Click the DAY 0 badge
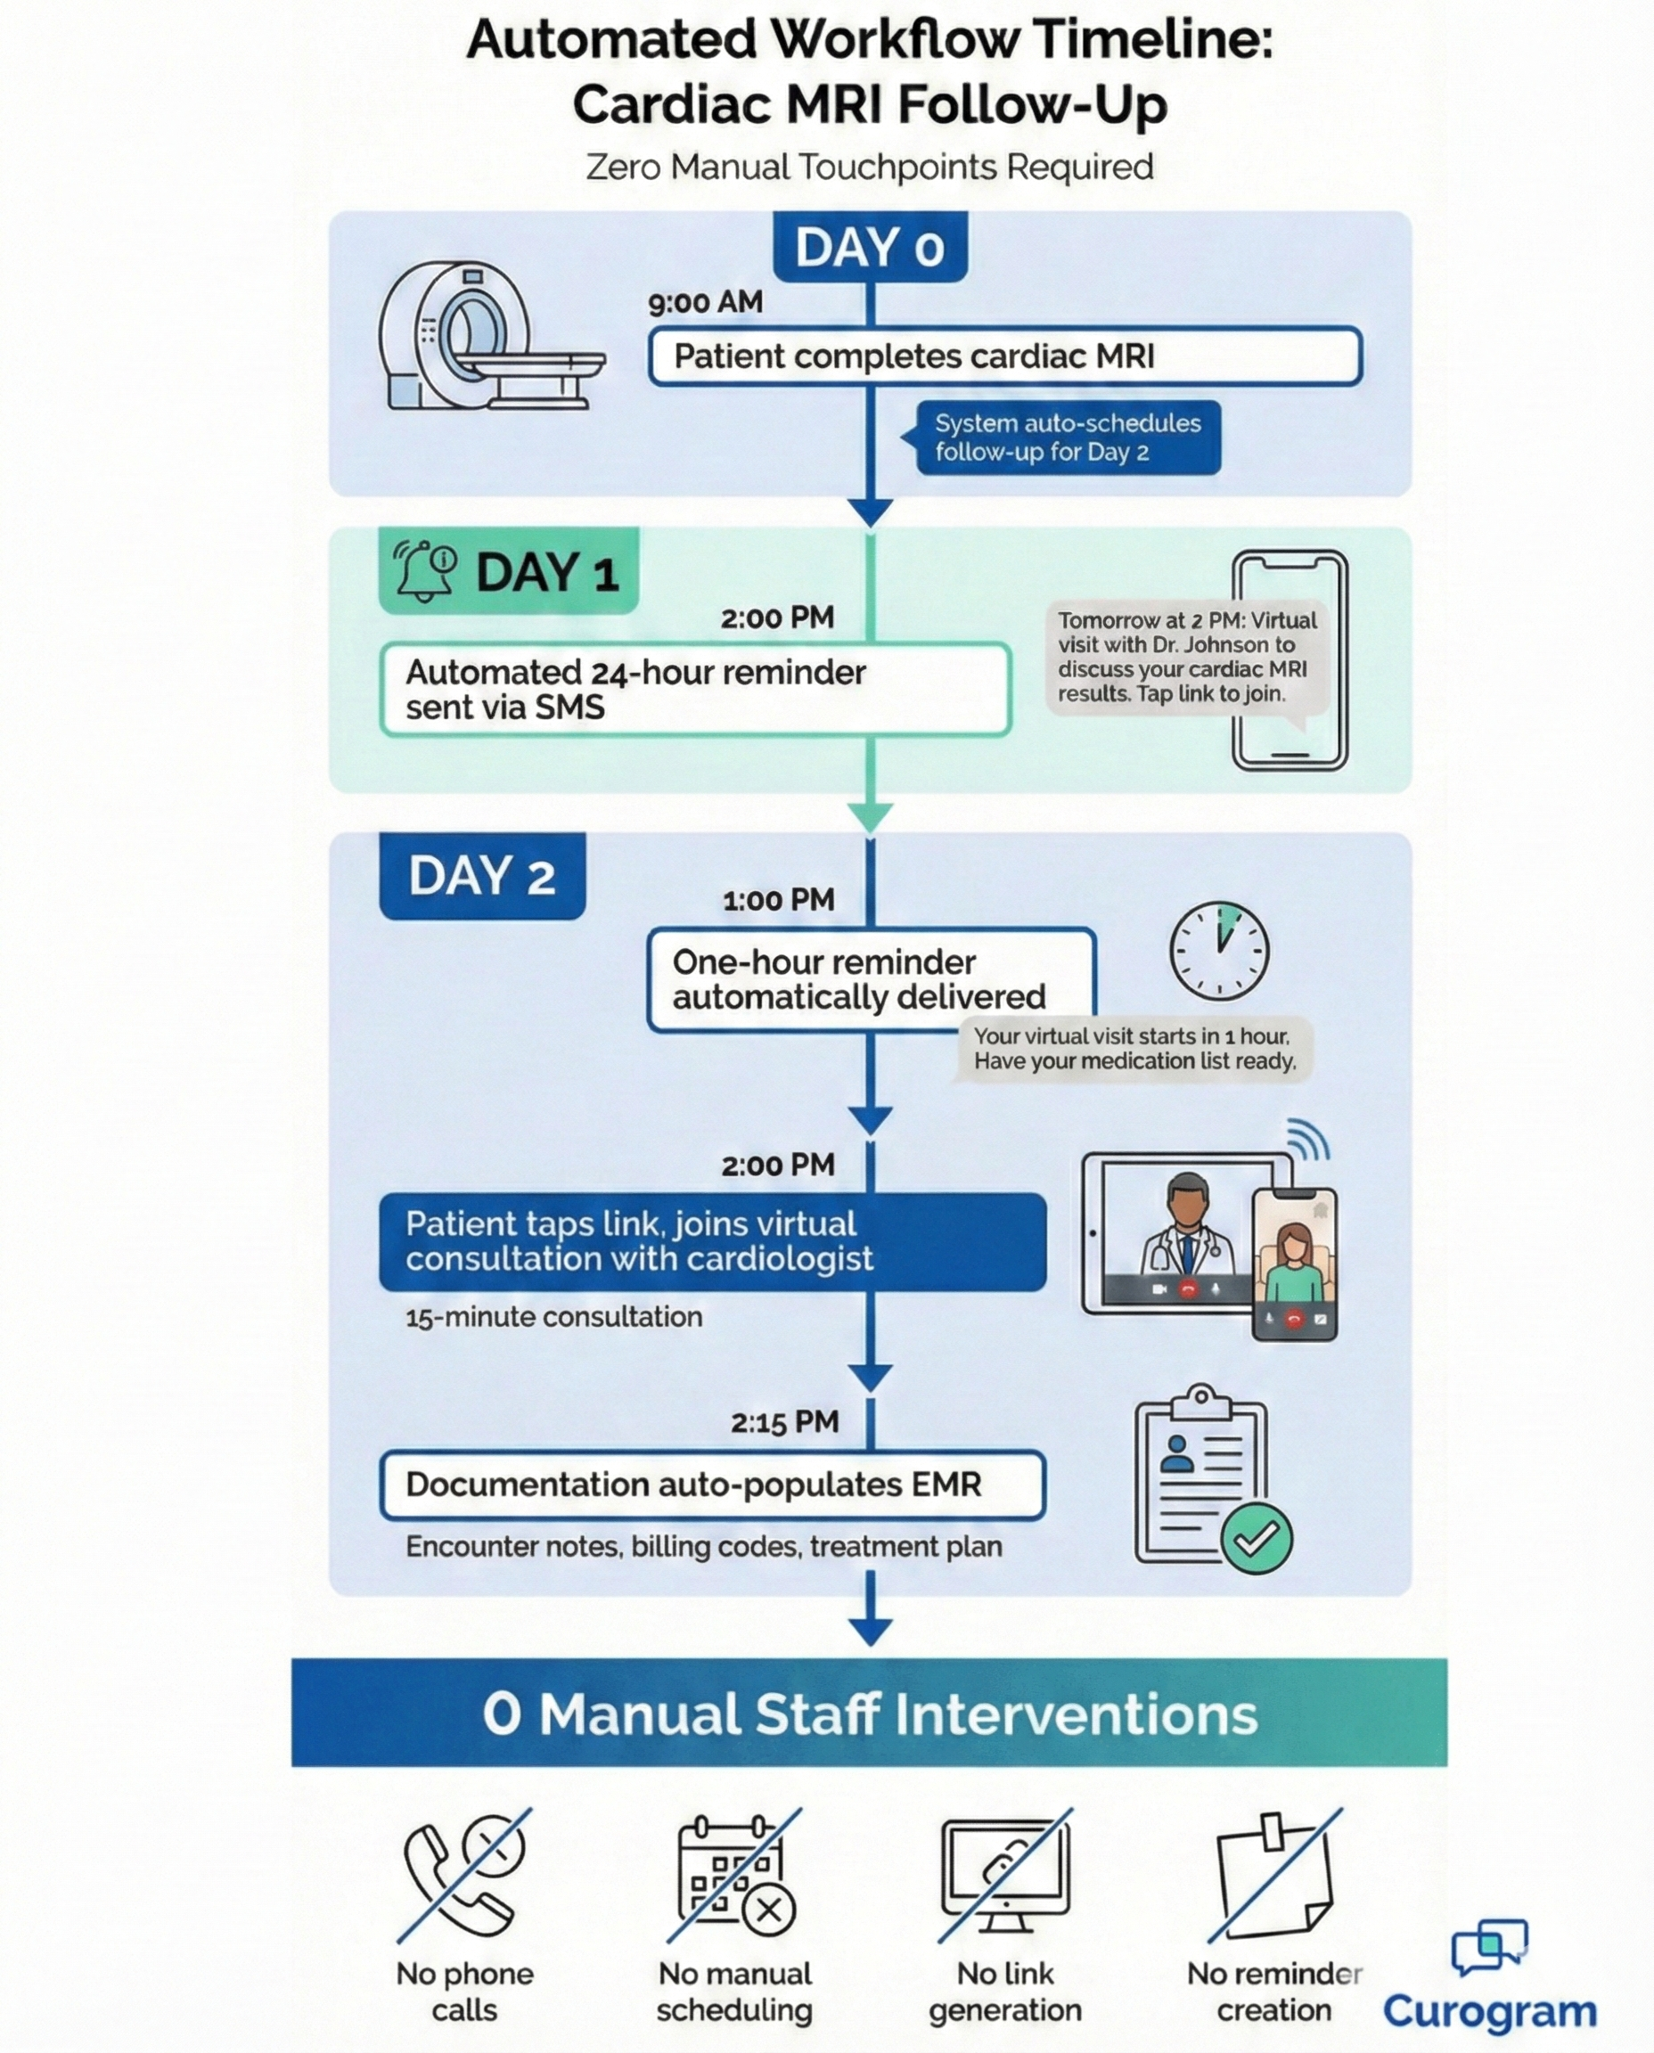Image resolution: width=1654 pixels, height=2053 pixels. click(869, 248)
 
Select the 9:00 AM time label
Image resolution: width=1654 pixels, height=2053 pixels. click(705, 303)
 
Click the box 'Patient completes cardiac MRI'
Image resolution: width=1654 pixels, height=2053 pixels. click(1004, 356)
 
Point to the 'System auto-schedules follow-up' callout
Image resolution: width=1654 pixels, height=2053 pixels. click(1066, 438)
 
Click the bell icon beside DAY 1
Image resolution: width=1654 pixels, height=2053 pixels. click(424, 570)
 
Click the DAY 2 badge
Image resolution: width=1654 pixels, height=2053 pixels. click(482, 876)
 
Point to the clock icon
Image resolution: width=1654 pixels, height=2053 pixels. click(1218, 951)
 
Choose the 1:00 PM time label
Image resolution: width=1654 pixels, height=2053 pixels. click(777, 900)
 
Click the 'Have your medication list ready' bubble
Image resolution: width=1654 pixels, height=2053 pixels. click(1134, 1049)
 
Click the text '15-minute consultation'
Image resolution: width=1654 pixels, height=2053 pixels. click(553, 1317)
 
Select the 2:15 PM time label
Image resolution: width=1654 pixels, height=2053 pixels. click(784, 1422)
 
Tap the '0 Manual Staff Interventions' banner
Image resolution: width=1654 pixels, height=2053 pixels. click(869, 1713)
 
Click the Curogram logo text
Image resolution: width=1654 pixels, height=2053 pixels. click(1489, 2010)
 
